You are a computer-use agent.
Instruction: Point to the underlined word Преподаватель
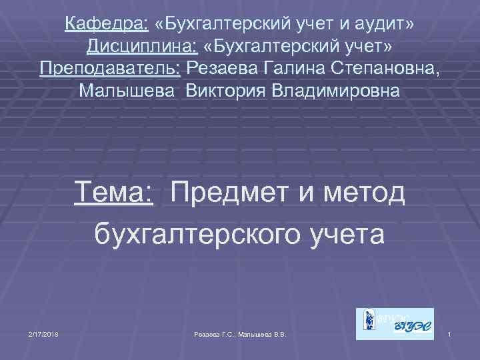point(111,69)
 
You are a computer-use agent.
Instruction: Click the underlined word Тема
point(115,194)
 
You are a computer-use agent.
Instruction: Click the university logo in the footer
point(395,323)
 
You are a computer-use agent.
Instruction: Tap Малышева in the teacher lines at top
point(127,91)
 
